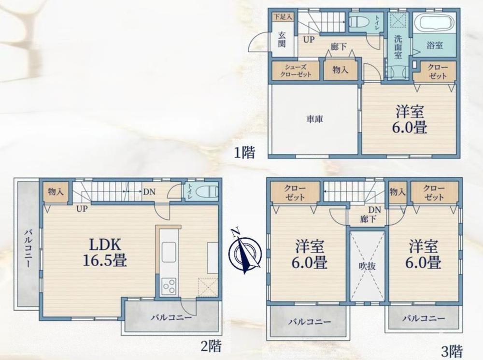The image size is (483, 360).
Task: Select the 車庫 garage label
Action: (314, 119)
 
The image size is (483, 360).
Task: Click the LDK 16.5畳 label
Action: (104, 252)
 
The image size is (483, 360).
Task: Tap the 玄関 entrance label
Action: (282, 40)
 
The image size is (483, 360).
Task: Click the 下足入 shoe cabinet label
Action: (283, 17)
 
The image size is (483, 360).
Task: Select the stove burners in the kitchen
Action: (169, 286)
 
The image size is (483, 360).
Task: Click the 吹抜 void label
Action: (368, 265)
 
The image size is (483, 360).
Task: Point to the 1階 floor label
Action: (244, 152)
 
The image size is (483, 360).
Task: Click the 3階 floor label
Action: (452, 351)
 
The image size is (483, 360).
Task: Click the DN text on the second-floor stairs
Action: (149, 192)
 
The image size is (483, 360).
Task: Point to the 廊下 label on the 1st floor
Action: (339, 46)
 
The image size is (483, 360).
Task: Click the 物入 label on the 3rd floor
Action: (398, 192)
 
